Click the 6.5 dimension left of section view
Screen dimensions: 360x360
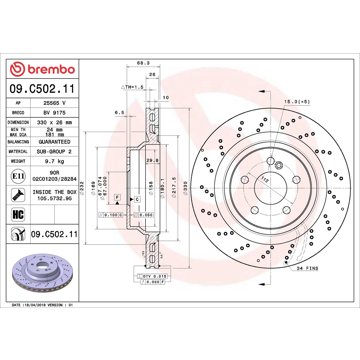pos(118,113)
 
